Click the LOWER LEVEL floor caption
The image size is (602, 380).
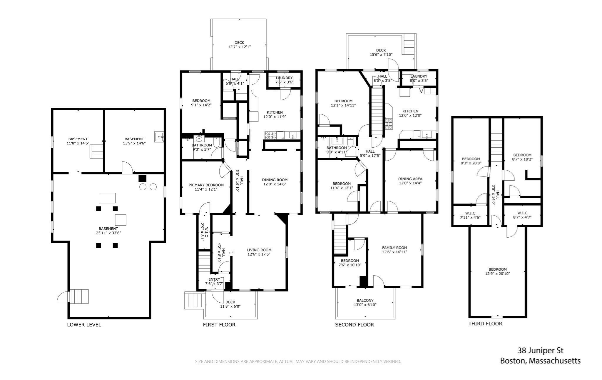tap(84, 325)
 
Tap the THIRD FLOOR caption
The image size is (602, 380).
tap(485, 324)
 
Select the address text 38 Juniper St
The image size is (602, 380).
tap(540, 351)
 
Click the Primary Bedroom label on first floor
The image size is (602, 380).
tap(206, 185)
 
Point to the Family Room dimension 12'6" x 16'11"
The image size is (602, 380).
tap(394, 252)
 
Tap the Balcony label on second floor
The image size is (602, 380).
tap(365, 300)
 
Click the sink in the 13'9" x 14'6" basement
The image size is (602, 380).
tap(159, 137)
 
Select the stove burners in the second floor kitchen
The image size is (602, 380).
tap(389, 124)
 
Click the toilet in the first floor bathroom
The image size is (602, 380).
tap(216, 142)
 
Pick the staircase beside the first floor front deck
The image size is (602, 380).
tap(194, 300)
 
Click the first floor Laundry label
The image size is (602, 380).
tap(284, 78)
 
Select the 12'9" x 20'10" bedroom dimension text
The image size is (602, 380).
tap(498, 274)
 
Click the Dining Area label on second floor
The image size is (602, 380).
tap(410, 179)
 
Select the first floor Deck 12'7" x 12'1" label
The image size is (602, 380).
tap(239, 47)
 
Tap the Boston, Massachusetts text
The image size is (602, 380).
tap(540, 361)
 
